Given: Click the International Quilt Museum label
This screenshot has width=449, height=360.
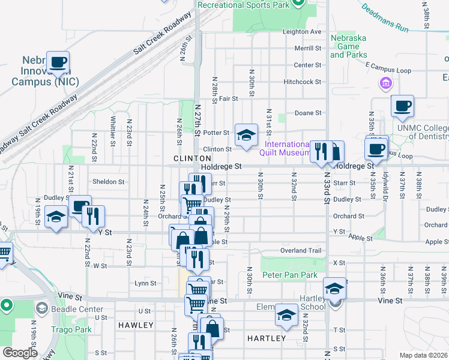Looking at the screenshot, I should tap(286, 149).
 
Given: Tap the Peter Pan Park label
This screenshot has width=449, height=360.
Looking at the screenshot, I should tap(289, 275).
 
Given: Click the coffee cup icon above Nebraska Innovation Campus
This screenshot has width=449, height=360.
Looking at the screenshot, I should tap(58, 62).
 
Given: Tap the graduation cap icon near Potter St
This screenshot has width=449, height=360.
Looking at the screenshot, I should tap(246, 135).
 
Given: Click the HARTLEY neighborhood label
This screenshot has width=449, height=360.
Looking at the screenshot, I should tap(267, 338).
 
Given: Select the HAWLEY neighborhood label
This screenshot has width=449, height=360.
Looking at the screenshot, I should tap(136, 325).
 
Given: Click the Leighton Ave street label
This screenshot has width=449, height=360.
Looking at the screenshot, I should tap(302, 32).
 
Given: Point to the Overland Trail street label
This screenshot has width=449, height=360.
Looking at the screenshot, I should tap(301, 250).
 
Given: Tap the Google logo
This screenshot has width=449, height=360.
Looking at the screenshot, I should tap(20, 353).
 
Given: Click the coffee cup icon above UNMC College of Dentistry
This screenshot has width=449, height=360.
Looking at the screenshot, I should tap(402, 106).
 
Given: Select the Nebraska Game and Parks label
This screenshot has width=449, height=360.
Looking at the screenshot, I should tap(348, 46).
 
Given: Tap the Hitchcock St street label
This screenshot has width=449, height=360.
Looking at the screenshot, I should tap(303, 82).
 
